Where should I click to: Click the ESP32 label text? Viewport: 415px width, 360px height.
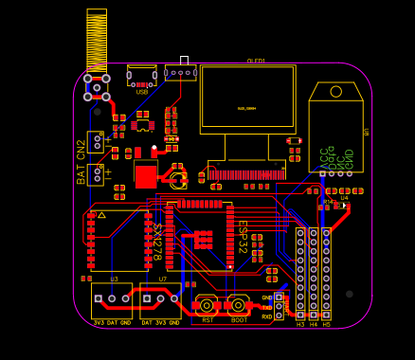coord(242,237)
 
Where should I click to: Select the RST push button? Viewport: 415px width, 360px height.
coord(207,305)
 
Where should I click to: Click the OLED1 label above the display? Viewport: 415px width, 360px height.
coord(256,61)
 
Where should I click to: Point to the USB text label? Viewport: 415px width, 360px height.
coord(142,92)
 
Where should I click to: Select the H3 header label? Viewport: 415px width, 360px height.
coord(300,324)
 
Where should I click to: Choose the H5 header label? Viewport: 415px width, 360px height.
coord(327,324)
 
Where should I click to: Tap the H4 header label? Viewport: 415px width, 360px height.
coord(314,324)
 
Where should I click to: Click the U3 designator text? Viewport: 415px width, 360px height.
coord(114,279)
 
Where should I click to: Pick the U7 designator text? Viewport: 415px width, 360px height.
coord(163,279)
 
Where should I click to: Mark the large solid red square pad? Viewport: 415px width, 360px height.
coord(145,175)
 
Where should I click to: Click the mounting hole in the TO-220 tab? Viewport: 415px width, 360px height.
coord(335,91)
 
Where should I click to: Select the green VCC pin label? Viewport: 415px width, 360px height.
coord(323,156)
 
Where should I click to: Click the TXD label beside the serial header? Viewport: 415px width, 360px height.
coord(267,307)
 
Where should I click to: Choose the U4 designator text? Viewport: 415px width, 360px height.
coord(345,198)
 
